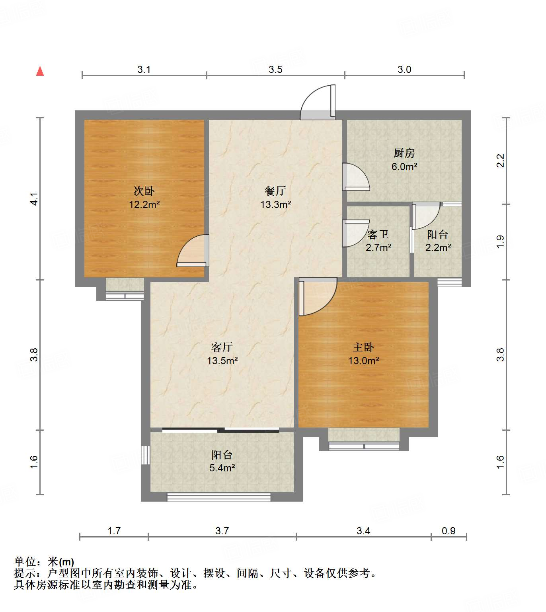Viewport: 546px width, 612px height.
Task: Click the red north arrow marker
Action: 40,71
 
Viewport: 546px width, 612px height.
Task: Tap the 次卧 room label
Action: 144,191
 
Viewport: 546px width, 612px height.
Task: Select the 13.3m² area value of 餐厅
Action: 275,205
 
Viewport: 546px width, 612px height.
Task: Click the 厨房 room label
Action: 404,153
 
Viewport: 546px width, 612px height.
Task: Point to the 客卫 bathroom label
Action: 378,234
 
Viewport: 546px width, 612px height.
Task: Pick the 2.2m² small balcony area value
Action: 438,248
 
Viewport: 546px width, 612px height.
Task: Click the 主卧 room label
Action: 363,347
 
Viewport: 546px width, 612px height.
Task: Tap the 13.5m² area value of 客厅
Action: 222,361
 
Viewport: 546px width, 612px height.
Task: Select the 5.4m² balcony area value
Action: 222,468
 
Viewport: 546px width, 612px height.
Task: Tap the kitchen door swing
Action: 355,177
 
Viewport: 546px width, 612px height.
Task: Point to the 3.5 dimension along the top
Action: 275,70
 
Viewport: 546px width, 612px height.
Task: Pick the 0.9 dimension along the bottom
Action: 448,531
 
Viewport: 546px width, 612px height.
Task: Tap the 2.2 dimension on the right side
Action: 501,161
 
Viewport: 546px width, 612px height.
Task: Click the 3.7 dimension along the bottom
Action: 222,531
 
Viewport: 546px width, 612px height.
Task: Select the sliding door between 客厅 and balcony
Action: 221,430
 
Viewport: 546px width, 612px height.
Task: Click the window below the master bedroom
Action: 364,446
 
